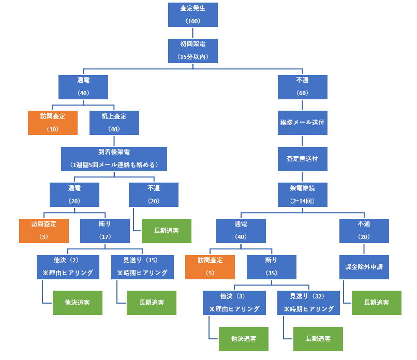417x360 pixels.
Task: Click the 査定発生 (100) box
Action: (x=193, y=14)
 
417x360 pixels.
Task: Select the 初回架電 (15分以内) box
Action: (x=193, y=51)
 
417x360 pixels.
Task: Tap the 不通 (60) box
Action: (x=303, y=87)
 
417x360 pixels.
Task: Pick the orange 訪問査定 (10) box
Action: (x=53, y=123)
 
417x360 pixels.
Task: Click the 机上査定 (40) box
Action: (x=114, y=123)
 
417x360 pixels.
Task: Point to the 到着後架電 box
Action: (x=114, y=159)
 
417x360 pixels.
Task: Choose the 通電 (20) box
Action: (x=75, y=194)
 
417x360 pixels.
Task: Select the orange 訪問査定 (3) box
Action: (x=43, y=231)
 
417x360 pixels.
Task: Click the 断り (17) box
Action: (x=105, y=231)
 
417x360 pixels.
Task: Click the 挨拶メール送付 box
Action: (x=303, y=123)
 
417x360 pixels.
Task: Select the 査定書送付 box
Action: (x=303, y=159)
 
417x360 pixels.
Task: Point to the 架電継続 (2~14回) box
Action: (x=303, y=194)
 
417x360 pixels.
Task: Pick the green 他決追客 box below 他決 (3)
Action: (x=243, y=339)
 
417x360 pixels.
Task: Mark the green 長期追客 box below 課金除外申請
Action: (x=377, y=303)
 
